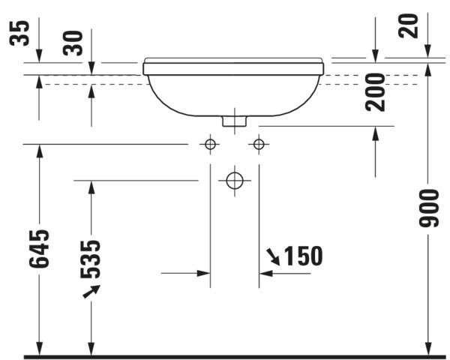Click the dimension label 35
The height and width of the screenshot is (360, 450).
(x=19, y=33)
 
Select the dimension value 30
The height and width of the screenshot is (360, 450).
(x=73, y=43)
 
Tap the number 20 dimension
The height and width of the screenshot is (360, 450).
(x=408, y=25)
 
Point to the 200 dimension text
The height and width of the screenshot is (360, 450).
(x=375, y=92)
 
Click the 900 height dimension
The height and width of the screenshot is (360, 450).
(x=429, y=208)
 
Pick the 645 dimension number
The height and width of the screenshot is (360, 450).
(x=39, y=248)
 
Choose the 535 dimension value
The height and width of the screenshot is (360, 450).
(x=91, y=259)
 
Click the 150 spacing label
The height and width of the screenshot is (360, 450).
(x=304, y=256)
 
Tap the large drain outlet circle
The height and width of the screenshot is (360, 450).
(x=235, y=181)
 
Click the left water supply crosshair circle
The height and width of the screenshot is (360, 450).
(x=210, y=144)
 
